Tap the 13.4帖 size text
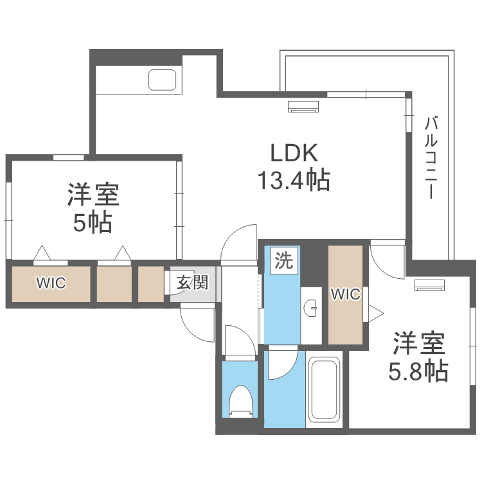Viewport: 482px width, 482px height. coord(294,181)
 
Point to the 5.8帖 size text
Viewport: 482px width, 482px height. coord(418,371)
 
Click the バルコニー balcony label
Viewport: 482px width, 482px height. coord(432,157)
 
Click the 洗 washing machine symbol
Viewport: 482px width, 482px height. coord(283,261)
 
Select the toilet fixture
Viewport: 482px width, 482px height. coord(242,400)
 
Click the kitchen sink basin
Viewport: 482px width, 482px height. coord(163,80)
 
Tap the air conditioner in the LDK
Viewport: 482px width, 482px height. coord(303,107)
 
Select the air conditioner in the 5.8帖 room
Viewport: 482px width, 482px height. coord(429,285)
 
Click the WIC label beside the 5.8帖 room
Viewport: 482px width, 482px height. coord(345,294)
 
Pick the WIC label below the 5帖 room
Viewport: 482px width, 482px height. coord(51,283)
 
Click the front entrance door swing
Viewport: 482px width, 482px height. coord(197,325)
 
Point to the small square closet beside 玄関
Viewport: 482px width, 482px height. coord(151,283)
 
